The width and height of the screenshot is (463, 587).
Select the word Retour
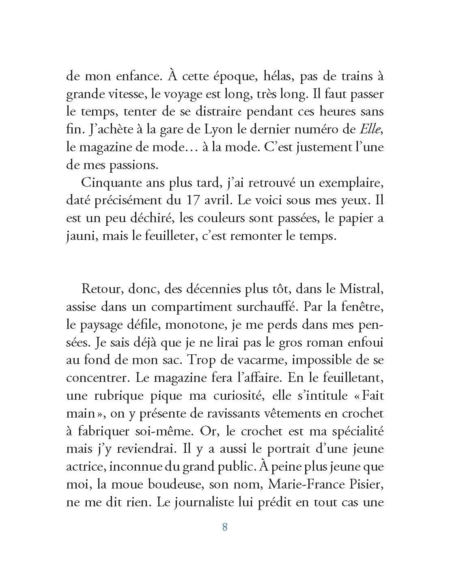click(102, 289)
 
